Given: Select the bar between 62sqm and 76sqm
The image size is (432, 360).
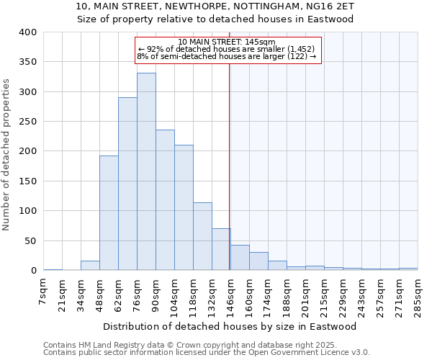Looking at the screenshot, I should pyautogui.click(x=127, y=184).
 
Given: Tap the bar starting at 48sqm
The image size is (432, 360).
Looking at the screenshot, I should pyautogui.click(x=109, y=213).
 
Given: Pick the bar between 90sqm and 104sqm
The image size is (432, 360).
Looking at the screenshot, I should pyautogui.click(x=165, y=200).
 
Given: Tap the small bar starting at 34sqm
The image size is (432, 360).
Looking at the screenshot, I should pyautogui.click(x=90, y=266).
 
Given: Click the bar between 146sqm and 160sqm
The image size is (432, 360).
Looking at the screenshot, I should pyautogui.click(x=240, y=258).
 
